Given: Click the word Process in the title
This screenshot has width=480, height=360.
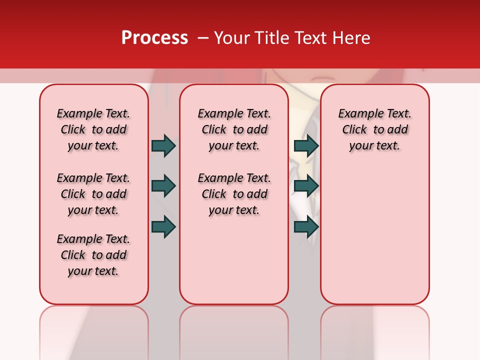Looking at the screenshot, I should click(154, 38).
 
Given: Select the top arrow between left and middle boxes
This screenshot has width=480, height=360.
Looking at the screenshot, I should click(163, 145).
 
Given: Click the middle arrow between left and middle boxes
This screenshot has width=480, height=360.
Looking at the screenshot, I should click(163, 186).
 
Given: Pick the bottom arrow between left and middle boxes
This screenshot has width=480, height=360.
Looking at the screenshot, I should click(163, 226).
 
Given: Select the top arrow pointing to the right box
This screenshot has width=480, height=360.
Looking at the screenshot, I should click(306, 145).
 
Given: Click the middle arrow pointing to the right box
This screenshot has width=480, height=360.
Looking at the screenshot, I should click(306, 186).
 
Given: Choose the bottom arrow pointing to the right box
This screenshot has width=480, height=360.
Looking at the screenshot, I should click(306, 226).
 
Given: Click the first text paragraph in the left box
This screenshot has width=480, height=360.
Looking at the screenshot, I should click(93, 129).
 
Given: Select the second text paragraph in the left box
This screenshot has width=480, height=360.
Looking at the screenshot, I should click(93, 194).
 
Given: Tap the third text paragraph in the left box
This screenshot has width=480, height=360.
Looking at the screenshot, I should click(93, 255).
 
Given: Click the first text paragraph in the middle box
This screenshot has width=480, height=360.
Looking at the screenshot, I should click(234, 129).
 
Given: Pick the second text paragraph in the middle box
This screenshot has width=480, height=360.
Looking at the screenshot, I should click(234, 194).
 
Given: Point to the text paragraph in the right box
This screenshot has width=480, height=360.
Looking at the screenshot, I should click(374, 129).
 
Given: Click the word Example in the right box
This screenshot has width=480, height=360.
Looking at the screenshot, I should click(356, 113).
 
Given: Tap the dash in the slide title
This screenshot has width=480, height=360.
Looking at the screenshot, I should click(203, 38).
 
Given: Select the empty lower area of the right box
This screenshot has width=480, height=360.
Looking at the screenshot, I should click(374, 235).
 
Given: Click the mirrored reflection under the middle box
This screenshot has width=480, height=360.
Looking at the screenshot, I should click(234, 330).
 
